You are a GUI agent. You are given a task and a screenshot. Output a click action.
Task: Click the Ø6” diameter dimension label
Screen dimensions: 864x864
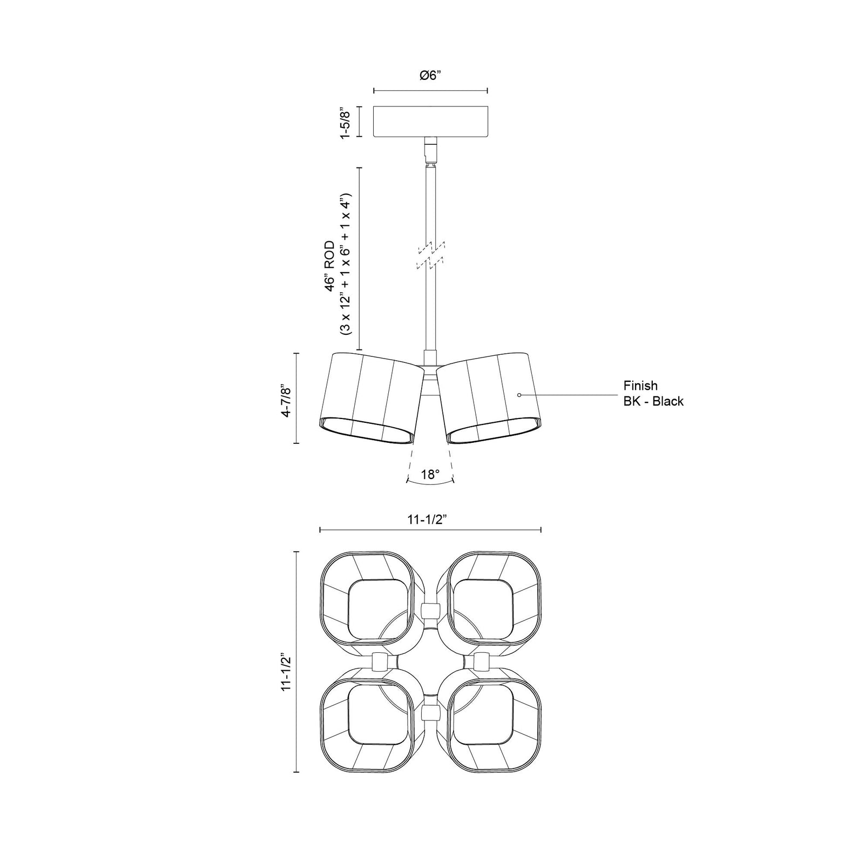(x=431, y=76)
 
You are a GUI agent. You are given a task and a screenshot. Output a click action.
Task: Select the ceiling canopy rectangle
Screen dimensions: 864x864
(x=431, y=121)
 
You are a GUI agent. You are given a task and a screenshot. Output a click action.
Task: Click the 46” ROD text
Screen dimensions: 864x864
(x=330, y=267)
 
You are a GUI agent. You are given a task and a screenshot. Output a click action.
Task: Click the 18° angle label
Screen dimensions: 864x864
(x=430, y=475)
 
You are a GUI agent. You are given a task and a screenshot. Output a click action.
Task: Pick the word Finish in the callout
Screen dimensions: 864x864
(x=640, y=386)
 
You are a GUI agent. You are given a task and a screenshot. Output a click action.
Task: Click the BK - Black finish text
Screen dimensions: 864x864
(x=653, y=401)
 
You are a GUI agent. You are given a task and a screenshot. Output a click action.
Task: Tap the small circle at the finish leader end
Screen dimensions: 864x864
(x=519, y=395)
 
